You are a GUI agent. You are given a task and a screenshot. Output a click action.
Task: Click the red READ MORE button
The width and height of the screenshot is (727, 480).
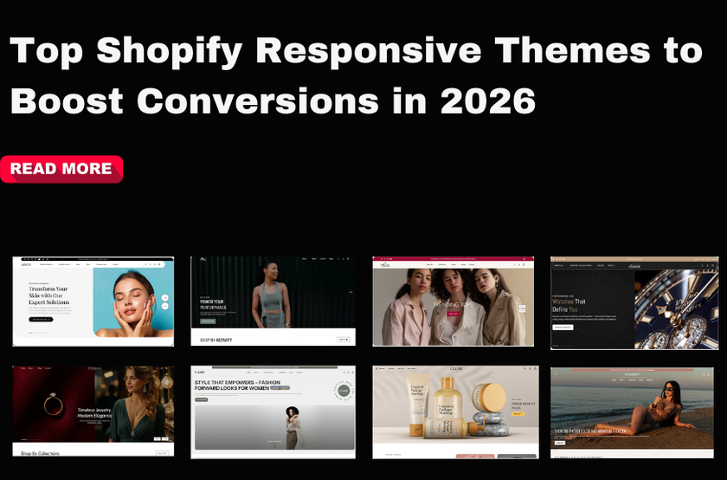(x=61, y=169)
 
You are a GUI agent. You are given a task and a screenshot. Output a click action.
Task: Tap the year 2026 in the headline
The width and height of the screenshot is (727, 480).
(x=488, y=102)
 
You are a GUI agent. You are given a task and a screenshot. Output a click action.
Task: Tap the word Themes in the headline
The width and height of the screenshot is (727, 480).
(x=589, y=52)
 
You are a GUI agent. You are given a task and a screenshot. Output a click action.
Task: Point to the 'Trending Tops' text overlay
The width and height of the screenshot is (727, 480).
(x=453, y=303)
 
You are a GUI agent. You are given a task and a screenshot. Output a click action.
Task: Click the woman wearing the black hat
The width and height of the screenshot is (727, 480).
(x=291, y=424)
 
